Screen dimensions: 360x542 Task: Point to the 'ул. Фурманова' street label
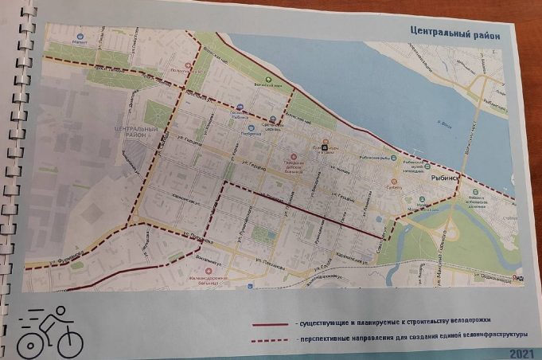[45, 255]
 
